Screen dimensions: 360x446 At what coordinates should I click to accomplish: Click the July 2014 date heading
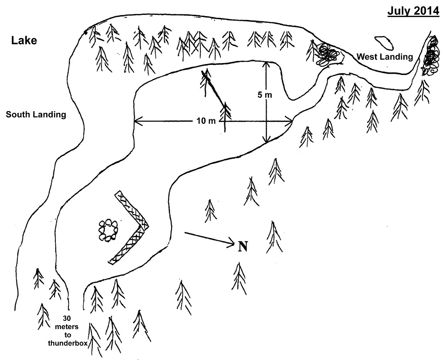tap(413, 11)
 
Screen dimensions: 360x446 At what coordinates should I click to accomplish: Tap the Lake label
tap(24, 41)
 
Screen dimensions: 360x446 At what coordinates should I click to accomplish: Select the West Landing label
tap(384, 57)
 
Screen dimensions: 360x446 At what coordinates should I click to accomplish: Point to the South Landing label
tap(36, 115)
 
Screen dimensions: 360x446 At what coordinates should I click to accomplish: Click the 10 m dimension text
tap(206, 121)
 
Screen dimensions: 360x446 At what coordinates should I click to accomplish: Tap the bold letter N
tap(243, 247)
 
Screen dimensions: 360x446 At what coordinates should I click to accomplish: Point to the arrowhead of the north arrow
tap(233, 245)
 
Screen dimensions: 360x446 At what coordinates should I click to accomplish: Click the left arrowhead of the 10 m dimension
tap(136, 121)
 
